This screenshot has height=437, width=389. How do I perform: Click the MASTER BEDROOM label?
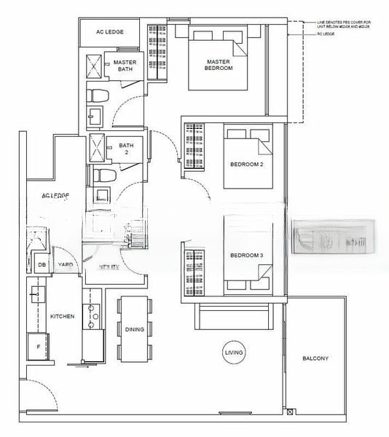(x=218, y=64)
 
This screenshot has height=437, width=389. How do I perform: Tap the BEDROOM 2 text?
(x=245, y=165)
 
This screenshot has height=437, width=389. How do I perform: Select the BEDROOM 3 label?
(x=245, y=256)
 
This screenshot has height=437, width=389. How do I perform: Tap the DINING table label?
(x=134, y=330)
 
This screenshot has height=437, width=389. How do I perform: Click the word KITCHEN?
(x=62, y=317)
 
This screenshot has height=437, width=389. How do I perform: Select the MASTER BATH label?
(x=125, y=66)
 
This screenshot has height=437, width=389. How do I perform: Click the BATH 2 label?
(x=126, y=148)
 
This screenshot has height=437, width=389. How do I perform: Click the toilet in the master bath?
(x=98, y=92)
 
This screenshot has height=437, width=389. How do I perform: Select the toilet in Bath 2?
(x=101, y=175)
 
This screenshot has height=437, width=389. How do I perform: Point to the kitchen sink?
(x=36, y=295)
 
